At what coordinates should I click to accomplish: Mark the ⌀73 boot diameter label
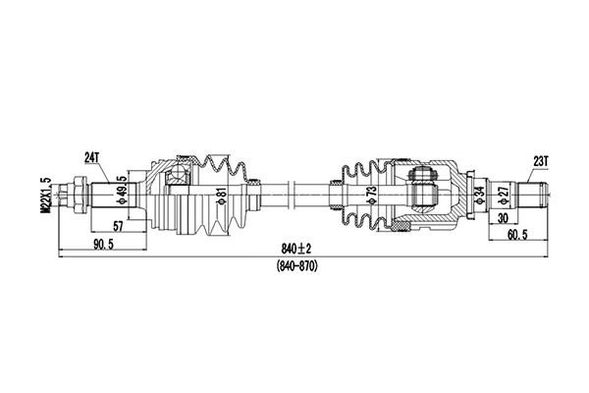371,196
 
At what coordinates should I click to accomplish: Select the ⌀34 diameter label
480,196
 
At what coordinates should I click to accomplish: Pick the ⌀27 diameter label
502,196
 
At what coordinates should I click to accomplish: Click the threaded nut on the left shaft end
73,194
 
